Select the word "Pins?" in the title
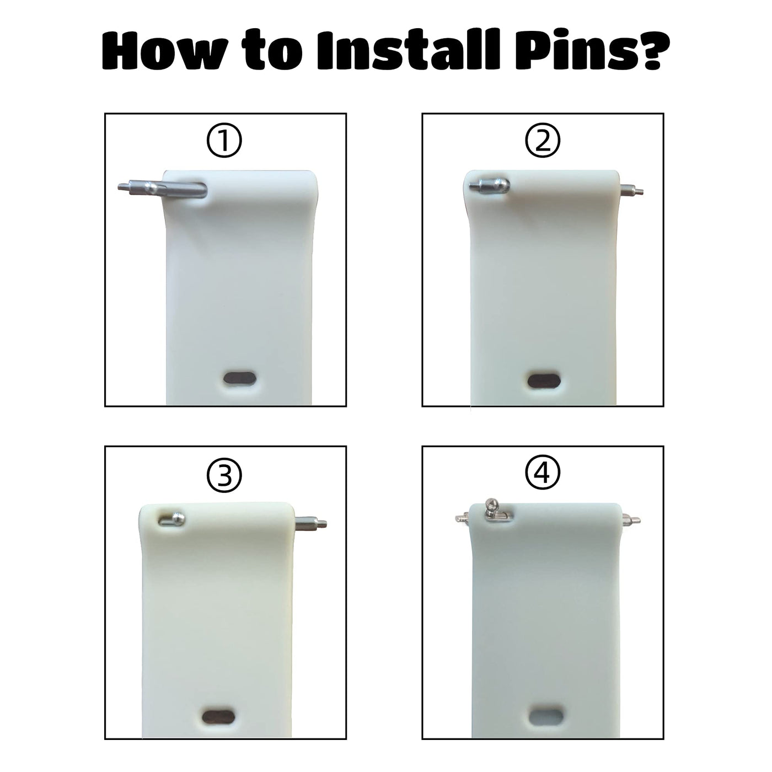point(591,51)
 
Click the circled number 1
point(224,141)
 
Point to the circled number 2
point(542,141)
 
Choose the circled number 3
point(224,475)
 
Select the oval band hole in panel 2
point(544,380)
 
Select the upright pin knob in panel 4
point(490,505)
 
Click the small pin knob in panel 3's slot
point(179,519)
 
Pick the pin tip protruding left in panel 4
point(462,518)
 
